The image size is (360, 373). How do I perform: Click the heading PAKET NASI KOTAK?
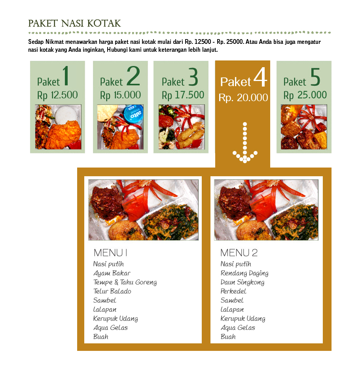coord(74,23)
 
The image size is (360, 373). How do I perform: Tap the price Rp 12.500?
coord(57,95)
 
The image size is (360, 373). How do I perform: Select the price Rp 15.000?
coord(120,95)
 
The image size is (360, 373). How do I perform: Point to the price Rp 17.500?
coord(183,95)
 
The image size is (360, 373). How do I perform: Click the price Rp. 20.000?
coord(243,98)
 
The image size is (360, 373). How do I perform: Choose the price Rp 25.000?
coord(305,95)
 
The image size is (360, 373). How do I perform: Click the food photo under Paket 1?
coord(58,126)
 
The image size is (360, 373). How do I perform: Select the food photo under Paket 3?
coord(182,126)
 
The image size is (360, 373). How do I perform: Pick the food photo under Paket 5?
coord(304,126)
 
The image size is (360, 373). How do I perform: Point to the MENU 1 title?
coord(110,253)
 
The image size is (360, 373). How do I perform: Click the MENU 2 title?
coord(239,253)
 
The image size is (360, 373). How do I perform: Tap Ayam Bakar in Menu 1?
coord(112,273)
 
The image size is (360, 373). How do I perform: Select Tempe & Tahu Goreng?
coord(125,282)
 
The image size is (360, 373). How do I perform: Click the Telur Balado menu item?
coord(112,291)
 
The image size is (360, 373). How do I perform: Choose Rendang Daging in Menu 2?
coord(244,273)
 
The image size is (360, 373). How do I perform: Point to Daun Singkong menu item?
coord(243,282)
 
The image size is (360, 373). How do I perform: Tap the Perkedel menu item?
coord(233,291)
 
